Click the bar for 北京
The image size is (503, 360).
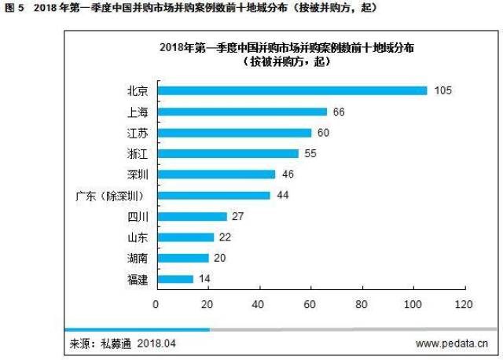[x=292, y=90]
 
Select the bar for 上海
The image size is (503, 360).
[x=241, y=112]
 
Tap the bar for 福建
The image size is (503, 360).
[x=174, y=278]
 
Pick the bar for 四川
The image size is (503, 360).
[x=191, y=216]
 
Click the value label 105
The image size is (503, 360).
[x=442, y=90]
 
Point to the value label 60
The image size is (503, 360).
[x=324, y=132]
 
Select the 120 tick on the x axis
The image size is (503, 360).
[x=465, y=303]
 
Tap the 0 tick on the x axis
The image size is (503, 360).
[x=156, y=303]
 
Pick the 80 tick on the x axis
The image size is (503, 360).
[x=362, y=303]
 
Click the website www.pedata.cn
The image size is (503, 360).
[x=452, y=343]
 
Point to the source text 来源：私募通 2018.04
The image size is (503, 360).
[x=123, y=343]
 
